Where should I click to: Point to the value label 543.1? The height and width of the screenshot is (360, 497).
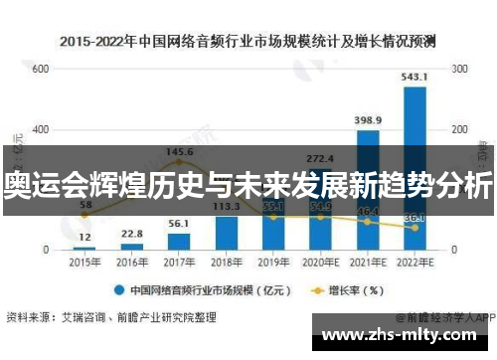coord(414,77)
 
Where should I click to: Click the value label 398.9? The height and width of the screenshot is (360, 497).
coord(368,119)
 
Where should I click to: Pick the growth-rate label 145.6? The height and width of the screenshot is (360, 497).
coord(179,152)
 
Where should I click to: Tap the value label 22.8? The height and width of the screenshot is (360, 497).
coord(131,234)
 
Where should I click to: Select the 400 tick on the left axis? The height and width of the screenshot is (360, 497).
coord(41,129)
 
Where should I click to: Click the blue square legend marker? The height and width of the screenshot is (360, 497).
coord(117,292)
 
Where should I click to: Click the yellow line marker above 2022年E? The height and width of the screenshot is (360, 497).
coord(414,228)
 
